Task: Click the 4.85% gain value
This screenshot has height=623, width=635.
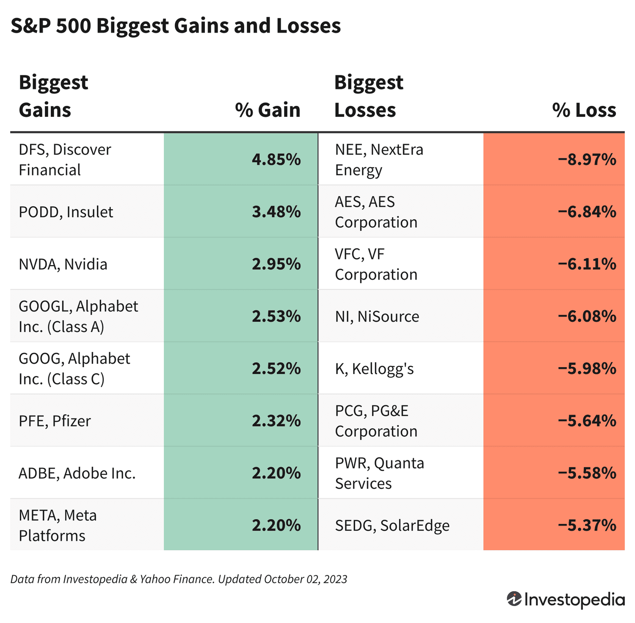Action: [x=276, y=160]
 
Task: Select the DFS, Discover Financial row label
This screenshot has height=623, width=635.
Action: [x=65, y=160]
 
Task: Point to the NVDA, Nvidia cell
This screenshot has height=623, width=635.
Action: [x=63, y=264]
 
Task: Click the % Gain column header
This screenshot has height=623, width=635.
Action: [x=268, y=110]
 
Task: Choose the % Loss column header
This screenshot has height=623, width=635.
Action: [x=584, y=110]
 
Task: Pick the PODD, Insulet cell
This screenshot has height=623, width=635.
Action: [x=66, y=212]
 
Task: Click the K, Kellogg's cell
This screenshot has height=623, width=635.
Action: [x=374, y=369]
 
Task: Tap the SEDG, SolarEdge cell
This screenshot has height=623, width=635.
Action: [x=392, y=526]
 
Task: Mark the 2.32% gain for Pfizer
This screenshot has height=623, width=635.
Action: [x=276, y=421]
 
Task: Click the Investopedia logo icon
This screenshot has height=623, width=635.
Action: [x=514, y=599]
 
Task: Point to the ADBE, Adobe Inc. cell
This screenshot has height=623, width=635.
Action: [x=77, y=473]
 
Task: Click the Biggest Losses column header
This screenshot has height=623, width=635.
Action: [x=368, y=96]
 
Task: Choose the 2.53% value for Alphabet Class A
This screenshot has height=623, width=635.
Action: [x=276, y=316]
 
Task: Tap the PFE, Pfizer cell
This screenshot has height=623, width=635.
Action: [x=55, y=421]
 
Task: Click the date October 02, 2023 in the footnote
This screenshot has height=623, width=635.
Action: [x=305, y=579]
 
